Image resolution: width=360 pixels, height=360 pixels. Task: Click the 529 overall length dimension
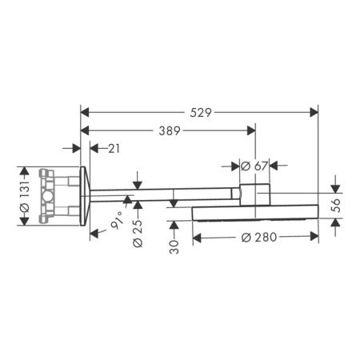point(201,113)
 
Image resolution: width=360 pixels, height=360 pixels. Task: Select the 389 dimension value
point(170,130)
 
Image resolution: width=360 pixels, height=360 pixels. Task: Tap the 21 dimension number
point(114,149)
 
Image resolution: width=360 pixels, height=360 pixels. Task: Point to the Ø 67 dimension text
point(254,166)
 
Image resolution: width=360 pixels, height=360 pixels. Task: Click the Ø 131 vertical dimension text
point(25,197)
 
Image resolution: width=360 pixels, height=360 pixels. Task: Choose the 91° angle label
point(118,220)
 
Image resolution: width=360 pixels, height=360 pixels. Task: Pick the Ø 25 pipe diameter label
point(138,234)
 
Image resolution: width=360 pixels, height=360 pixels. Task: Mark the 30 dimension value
point(174,246)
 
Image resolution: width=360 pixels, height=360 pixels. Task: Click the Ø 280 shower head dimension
point(259,237)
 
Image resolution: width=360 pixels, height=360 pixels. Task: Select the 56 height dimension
point(336,205)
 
